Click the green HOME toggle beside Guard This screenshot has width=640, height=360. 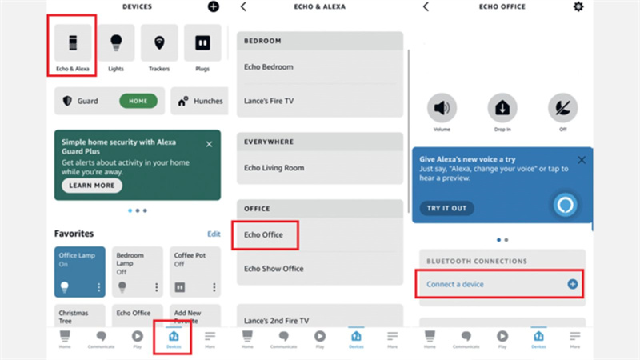[x=138, y=102]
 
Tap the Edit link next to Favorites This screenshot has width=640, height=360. [x=214, y=234]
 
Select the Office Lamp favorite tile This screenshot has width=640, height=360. [x=80, y=271]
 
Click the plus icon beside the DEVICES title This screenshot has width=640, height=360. [x=214, y=7]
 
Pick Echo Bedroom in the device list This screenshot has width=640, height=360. [x=269, y=67]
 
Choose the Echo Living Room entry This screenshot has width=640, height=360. [x=274, y=168]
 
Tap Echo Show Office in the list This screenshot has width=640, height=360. [x=274, y=269]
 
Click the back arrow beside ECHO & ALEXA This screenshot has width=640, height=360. [x=243, y=6]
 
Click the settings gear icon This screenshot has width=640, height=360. [x=578, y=6]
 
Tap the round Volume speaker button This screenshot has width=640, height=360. [x=442, y=108]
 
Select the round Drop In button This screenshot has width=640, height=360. [x=502, y=108]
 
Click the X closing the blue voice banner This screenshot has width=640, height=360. [x=582, y=159]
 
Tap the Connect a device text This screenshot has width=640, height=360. [x=455, y=284]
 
